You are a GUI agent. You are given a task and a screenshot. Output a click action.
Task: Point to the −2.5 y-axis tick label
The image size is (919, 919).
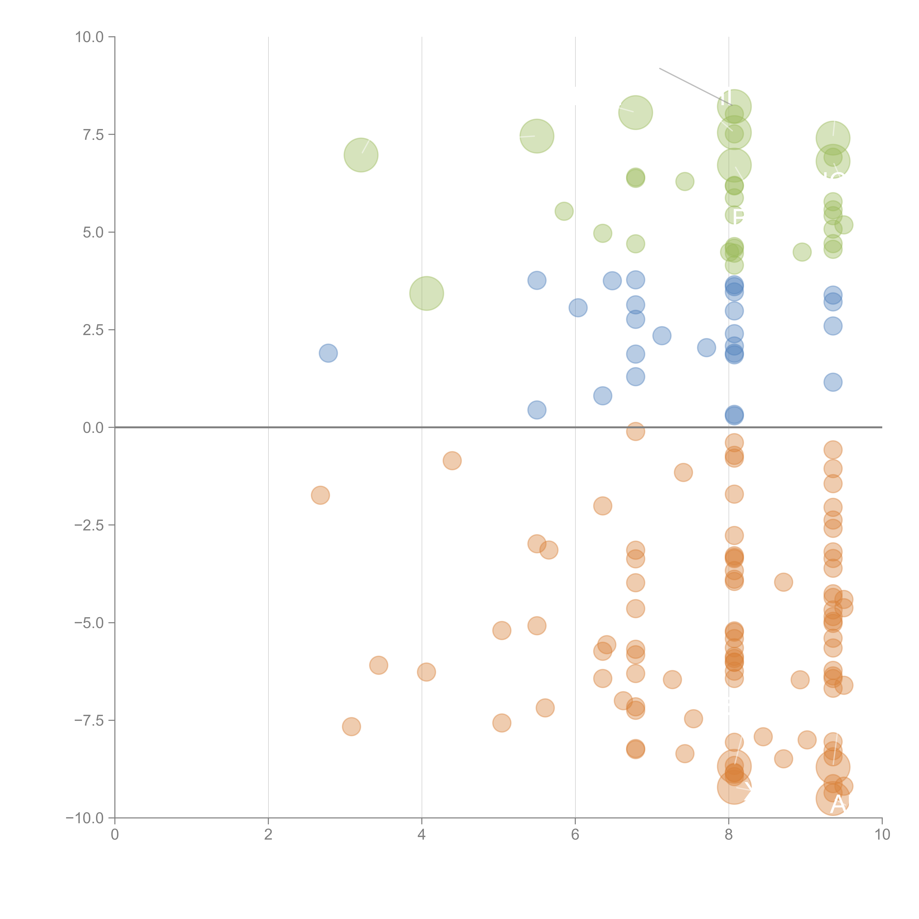[89, 525]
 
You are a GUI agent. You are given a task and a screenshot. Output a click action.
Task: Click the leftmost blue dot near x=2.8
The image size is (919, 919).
[328, 353]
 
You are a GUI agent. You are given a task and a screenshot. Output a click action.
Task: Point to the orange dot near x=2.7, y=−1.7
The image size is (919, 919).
[321, 495]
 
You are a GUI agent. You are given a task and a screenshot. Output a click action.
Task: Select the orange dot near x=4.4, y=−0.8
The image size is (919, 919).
[452, 460]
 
